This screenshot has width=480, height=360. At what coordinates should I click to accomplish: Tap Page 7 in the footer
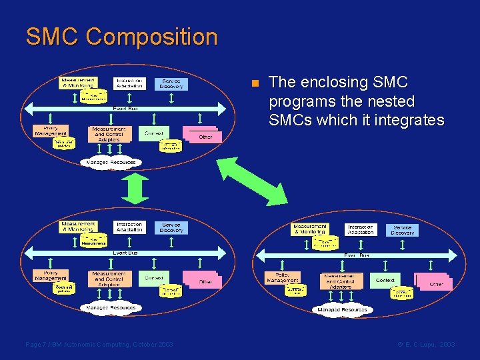click(x=37, y=344)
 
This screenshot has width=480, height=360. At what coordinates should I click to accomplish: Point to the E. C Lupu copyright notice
click(x=426, y=344)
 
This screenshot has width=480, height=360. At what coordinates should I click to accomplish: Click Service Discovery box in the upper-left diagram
click(x=171, y=83)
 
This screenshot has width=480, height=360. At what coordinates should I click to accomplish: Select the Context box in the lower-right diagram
click(x=385, y=280)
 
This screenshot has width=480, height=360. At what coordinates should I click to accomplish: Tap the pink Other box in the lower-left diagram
click(x=203, y=280)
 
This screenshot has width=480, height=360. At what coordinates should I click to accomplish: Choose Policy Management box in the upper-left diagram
click(x=51, y=131)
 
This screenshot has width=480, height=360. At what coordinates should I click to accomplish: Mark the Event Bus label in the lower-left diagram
click(x=125, y=253)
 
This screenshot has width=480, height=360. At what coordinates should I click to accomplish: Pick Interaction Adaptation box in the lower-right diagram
click(x=360, y=230)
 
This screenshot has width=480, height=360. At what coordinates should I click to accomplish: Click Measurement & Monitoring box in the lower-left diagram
click(x=79, y=227)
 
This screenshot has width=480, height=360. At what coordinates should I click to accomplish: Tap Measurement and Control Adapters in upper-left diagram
click(x=109, y=133)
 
